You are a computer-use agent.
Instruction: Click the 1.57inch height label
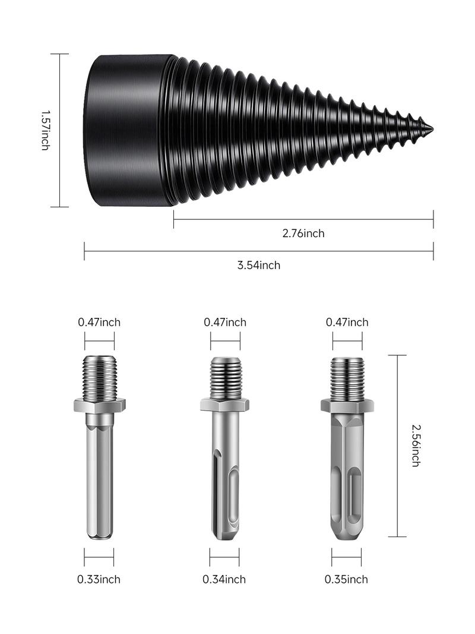[45, 130]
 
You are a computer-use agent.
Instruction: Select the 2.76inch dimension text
[303, 234]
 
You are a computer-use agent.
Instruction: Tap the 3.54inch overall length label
[259, 265]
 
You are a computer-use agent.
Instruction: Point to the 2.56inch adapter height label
[416, 445]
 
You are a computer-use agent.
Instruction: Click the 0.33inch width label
[99, 579]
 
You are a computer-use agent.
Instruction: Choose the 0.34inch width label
[224, 579]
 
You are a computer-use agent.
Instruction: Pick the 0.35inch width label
[346, 579]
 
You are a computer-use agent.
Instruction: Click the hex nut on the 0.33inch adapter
[99, 405]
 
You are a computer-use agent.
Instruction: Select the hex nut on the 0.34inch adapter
[224, 405]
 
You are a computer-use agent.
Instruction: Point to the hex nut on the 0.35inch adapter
[347, 405]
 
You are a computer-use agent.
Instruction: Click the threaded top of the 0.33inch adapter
[99, 377]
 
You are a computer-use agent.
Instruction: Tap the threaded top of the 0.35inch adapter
[347, 378]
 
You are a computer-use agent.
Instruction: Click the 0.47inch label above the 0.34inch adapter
[225, 322]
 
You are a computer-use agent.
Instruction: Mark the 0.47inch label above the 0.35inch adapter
[347, 322]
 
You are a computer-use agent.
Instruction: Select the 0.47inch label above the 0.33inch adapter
[99, 322]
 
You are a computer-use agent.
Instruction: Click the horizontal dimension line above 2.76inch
[303, 219]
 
